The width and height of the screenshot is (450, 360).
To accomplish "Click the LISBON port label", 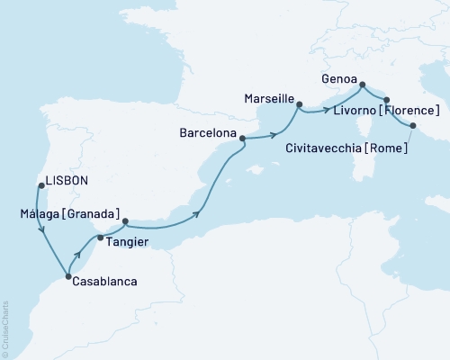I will [x=67, y=180].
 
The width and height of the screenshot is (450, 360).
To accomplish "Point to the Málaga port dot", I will [x=125, y=221].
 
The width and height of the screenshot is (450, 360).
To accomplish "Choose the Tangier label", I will [x=127, y=242].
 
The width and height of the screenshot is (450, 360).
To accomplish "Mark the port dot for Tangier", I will [x=100, y=238].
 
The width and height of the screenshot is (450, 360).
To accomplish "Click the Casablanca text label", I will [x=105, y=282].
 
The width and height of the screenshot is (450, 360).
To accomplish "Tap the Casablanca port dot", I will [x=69, y=277].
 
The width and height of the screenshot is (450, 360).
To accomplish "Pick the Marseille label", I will [x=269, y=95].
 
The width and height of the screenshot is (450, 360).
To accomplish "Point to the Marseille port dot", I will [x=299, y=104].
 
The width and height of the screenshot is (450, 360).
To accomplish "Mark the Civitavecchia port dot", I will [x=413, y=126].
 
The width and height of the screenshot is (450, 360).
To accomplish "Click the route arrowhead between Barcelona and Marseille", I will [x=271, y=136].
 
